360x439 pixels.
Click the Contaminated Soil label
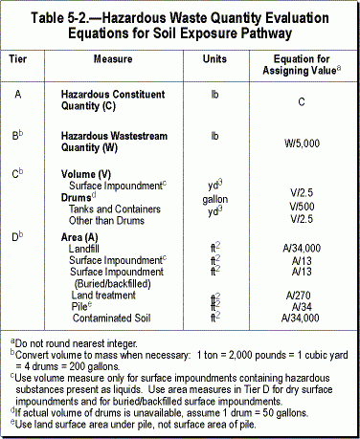point(120,316)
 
